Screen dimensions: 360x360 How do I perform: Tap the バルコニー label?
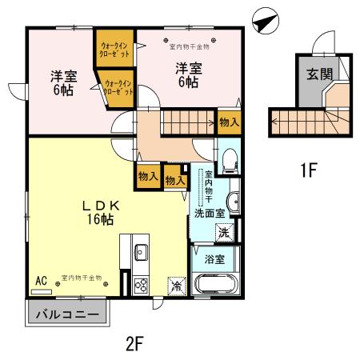coord(67,314)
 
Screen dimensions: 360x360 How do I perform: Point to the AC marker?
coord(41,280)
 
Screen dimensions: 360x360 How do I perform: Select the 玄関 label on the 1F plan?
coord(314,76)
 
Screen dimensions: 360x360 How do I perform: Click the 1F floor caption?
coord(309,170)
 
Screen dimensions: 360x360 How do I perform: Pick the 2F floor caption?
coord(134,344)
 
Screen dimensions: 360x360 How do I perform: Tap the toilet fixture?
coord(228,159)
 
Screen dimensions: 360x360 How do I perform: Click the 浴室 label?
coord(213,259)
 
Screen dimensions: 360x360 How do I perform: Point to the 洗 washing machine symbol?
coord(225,232)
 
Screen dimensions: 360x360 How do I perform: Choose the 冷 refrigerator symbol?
coord(175,284)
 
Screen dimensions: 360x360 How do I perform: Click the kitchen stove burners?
coord(142,284)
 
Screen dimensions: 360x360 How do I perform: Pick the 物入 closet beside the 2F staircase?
coord(228,122)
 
